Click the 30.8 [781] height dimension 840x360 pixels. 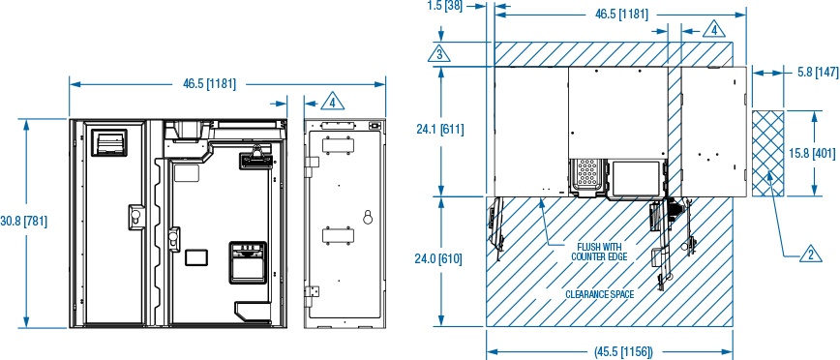[x=23, y=221]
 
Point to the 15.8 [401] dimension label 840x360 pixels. [x=813, y=154]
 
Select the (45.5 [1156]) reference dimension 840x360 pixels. [x=623, y=352]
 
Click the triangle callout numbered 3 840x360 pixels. [x=439, y=54]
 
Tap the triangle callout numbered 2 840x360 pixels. [x=811, y=255]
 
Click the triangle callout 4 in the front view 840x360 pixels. [x=333, y=102]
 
